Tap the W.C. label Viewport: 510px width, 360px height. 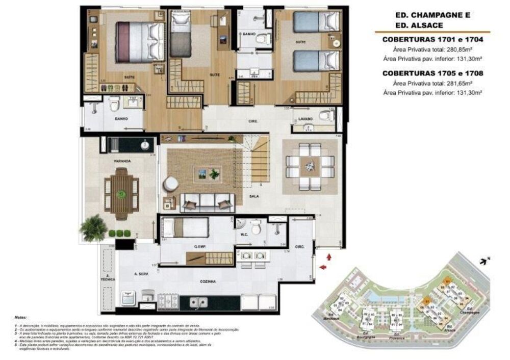click(244, 235)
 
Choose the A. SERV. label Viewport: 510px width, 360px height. click(141, 274)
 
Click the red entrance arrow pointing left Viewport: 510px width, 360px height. click(322, 267)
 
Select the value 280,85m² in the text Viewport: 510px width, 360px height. click(461, 49)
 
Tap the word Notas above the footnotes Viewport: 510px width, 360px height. click(22, 317)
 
